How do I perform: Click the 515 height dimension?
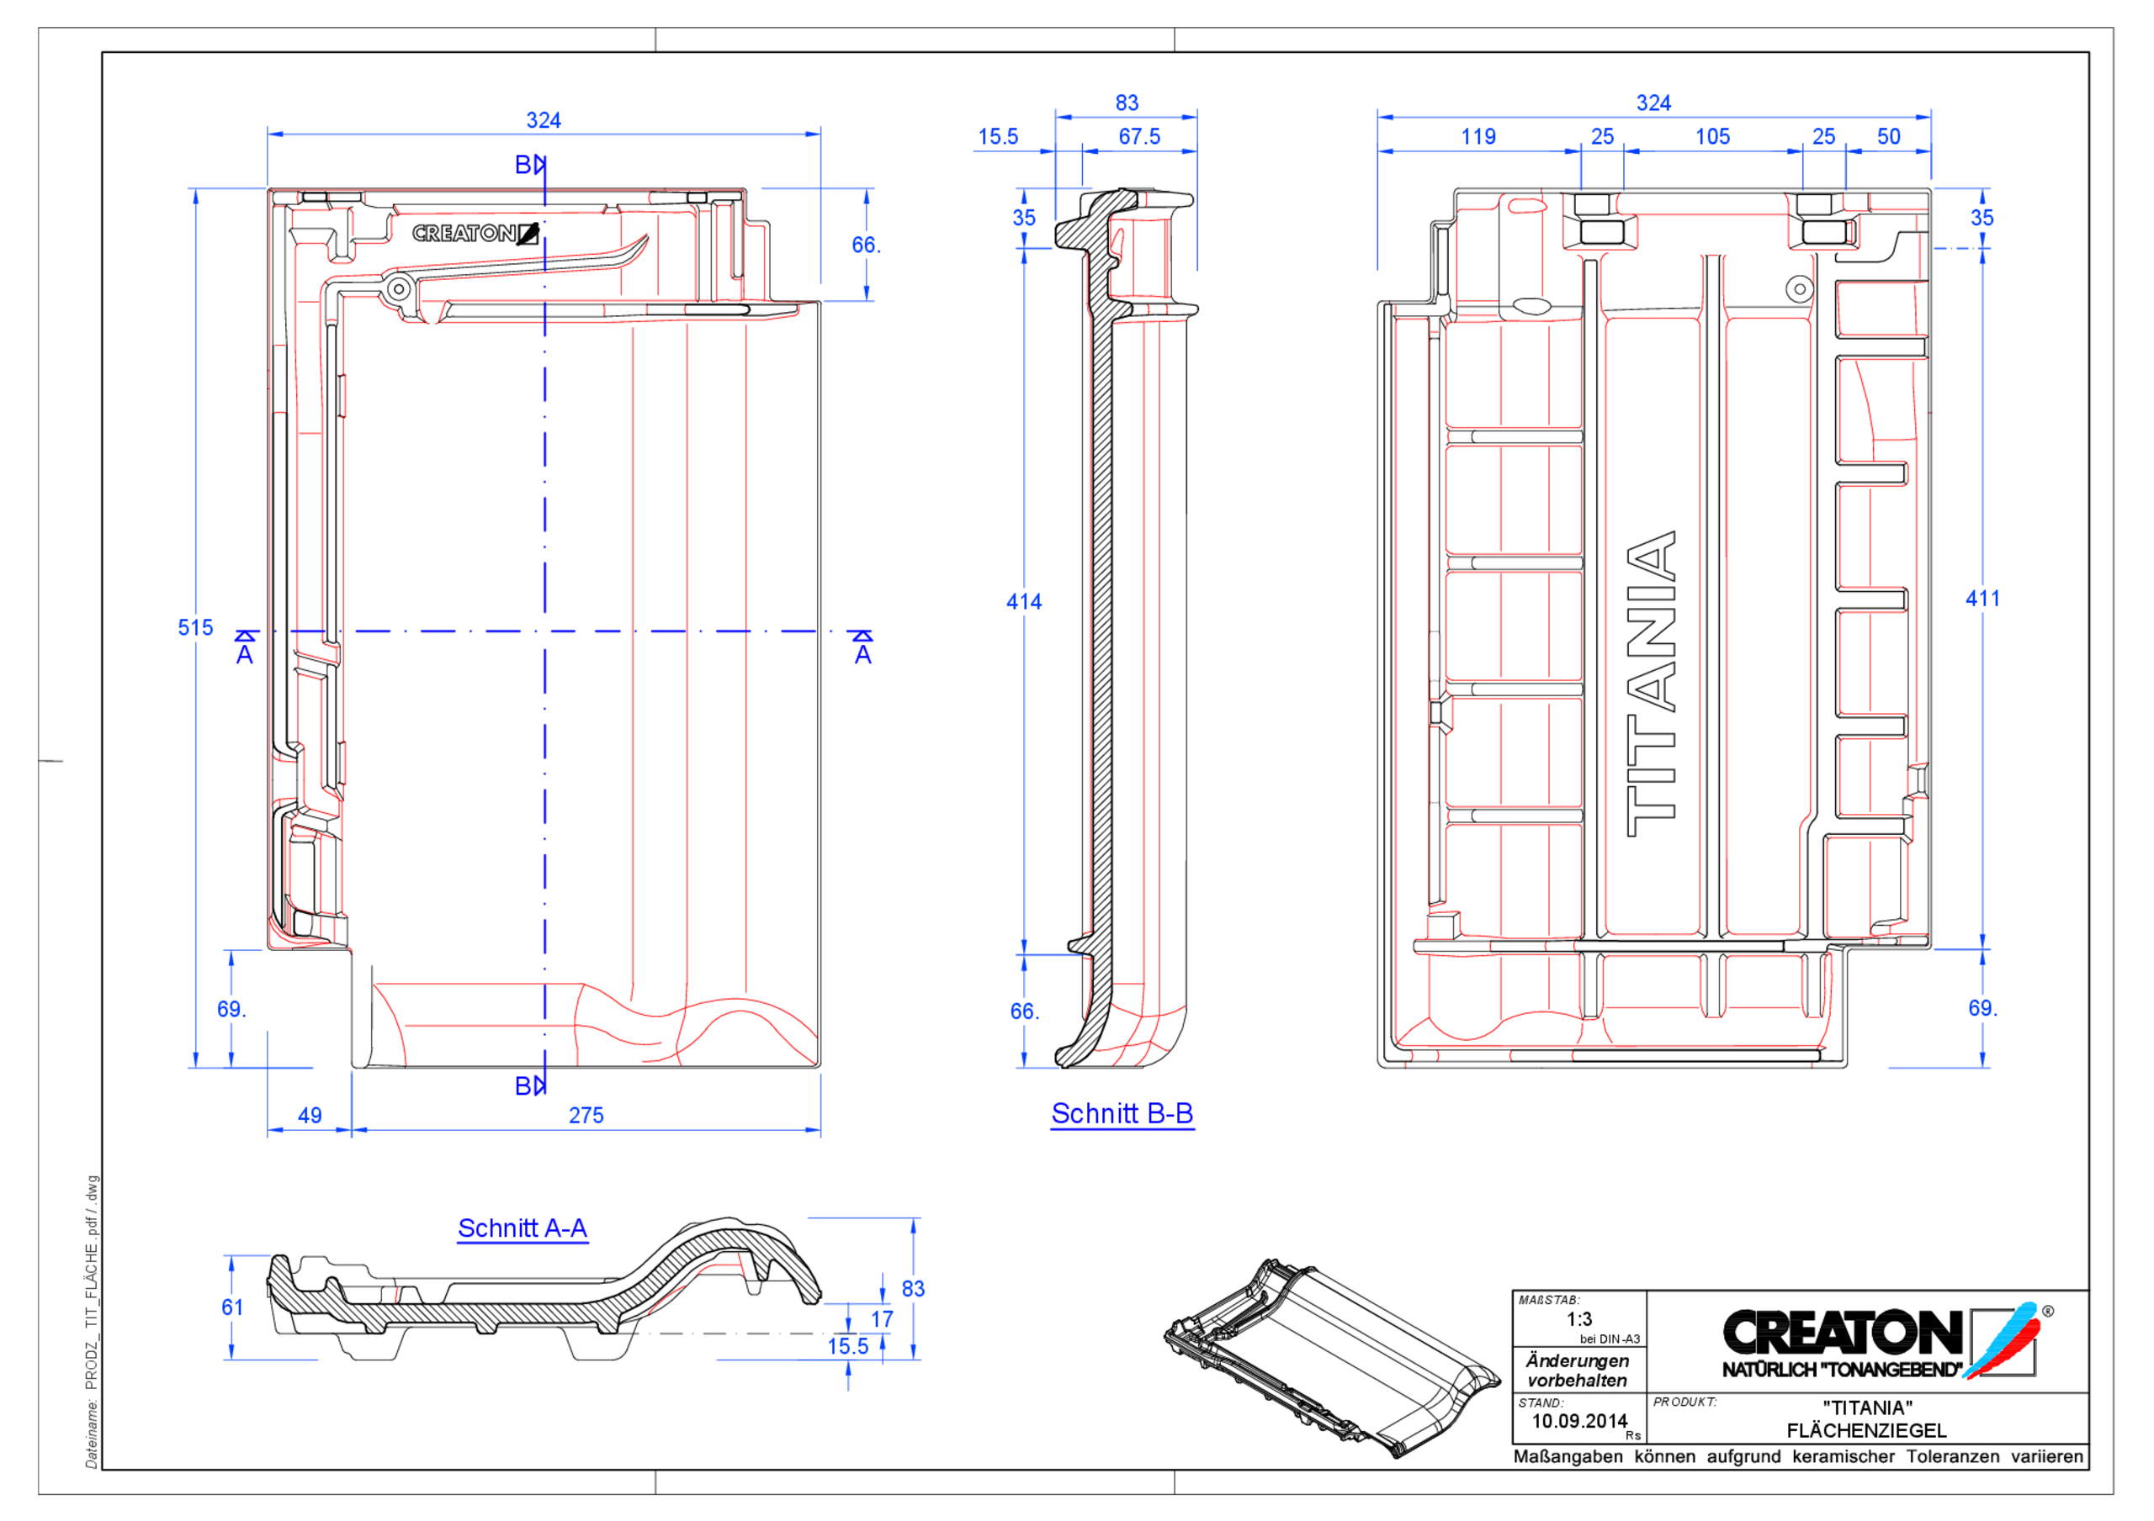tap(195, 627)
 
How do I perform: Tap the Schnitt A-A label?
tap(522, 1228)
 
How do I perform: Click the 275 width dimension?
tap(586, 1115)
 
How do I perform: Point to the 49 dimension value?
tap(310, 1115)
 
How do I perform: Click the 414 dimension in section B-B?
tap(1023, 601)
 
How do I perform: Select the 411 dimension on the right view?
tap(1982, 599)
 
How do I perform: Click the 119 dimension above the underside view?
tap(1478, 137)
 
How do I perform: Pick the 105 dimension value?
tap(1712, 137)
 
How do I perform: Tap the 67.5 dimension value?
tap(1139, 137)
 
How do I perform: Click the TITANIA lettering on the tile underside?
tap(1651, 684)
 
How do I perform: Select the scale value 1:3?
tap(1579, 1318)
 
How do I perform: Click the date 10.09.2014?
tap(1579, 1421)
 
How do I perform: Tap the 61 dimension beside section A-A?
tap(231, 1307)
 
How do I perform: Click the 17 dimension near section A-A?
tap(881, 1318)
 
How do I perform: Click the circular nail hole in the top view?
tap(399, 289)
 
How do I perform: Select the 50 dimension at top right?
tap(1887, 137)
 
